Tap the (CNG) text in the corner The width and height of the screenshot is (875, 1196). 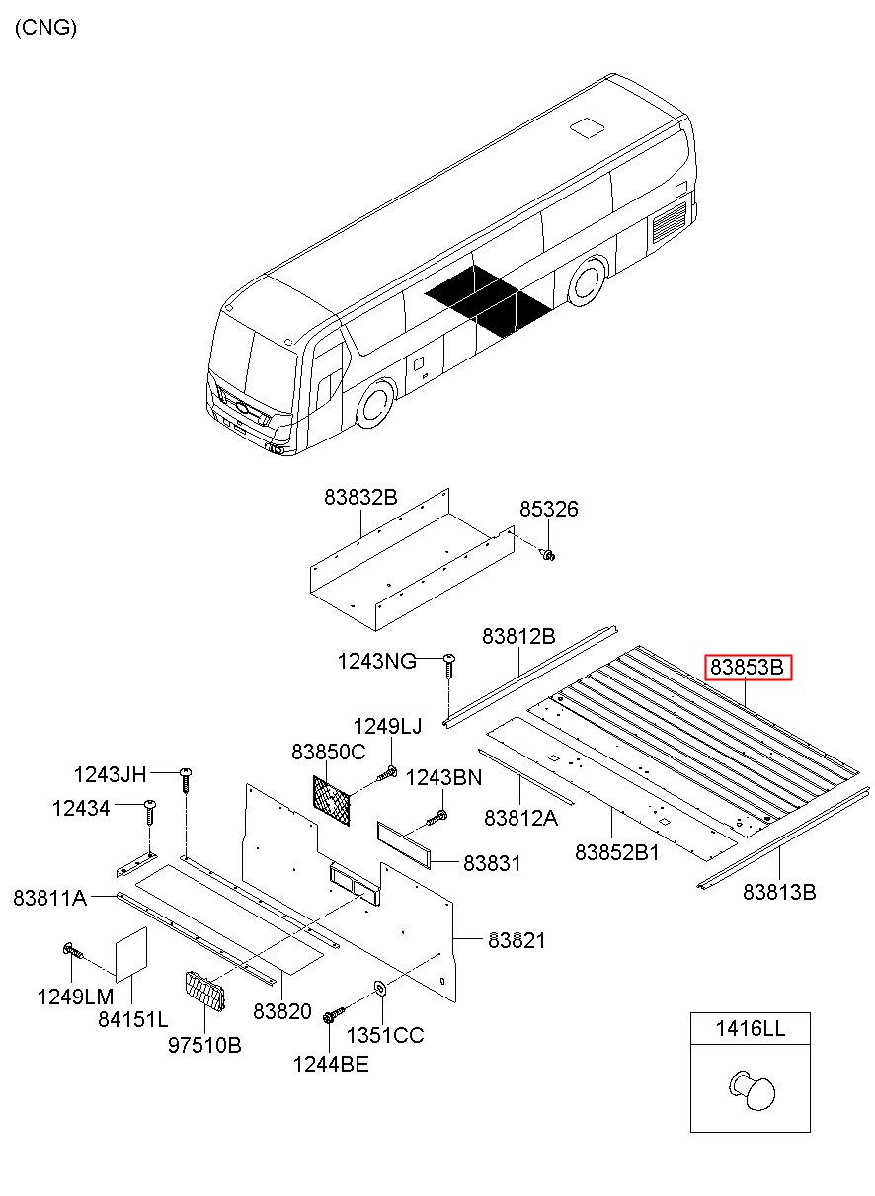[x=45, y=28]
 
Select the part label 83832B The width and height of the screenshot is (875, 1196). [x=360, y=498]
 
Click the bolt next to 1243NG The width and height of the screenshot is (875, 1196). [x=448, y=665]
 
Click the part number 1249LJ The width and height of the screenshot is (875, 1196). [x=387, y=727]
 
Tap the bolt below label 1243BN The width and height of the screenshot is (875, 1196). [x=437, y=817]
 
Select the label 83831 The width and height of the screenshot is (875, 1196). [x=492, y=863]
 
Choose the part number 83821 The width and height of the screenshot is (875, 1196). [x=516, y=940]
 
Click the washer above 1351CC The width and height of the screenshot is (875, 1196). [x=379, y=988]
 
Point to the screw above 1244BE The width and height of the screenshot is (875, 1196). [x=333, y=1013]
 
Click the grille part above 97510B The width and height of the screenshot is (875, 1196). [x=205, y=991]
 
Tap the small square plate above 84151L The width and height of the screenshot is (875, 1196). [x=131, y=951]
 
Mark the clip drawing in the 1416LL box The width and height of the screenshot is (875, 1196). [x=753, y=1088]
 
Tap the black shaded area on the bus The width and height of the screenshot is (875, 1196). [x=488, y=300]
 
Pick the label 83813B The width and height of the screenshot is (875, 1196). [x=779, y=892]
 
